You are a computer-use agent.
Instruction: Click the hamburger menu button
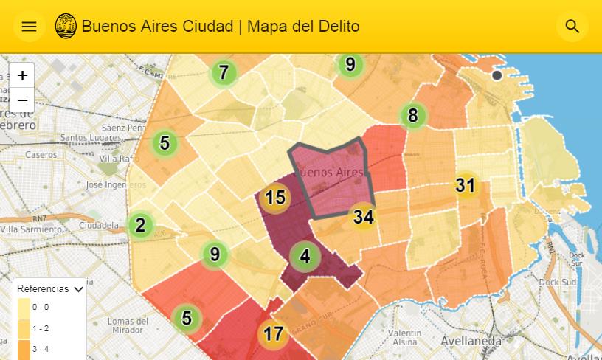click(29, 27)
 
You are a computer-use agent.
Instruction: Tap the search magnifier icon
click(572, 27)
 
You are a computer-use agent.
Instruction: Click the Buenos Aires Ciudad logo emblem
click(66, 27)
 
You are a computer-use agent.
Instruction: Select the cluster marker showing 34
click(363, 217)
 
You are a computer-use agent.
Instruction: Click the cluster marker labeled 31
click(465, 185)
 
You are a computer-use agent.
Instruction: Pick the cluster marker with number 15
click(275, 198)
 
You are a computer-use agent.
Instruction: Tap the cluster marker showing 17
click(273, 333)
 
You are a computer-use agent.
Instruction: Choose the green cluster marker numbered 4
click(305, 257)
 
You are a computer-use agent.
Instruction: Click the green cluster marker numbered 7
click(224, 72)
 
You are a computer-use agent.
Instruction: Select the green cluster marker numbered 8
click(412, 115)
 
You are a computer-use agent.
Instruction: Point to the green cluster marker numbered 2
click(141, 225)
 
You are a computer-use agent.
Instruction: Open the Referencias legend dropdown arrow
click(78, 289)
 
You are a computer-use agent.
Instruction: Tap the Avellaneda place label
click(471, 341)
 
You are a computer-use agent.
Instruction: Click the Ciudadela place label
click(99, 224)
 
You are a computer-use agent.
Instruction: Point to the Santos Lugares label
click(91, 137)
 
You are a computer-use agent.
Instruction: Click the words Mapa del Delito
click(303, 27)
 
